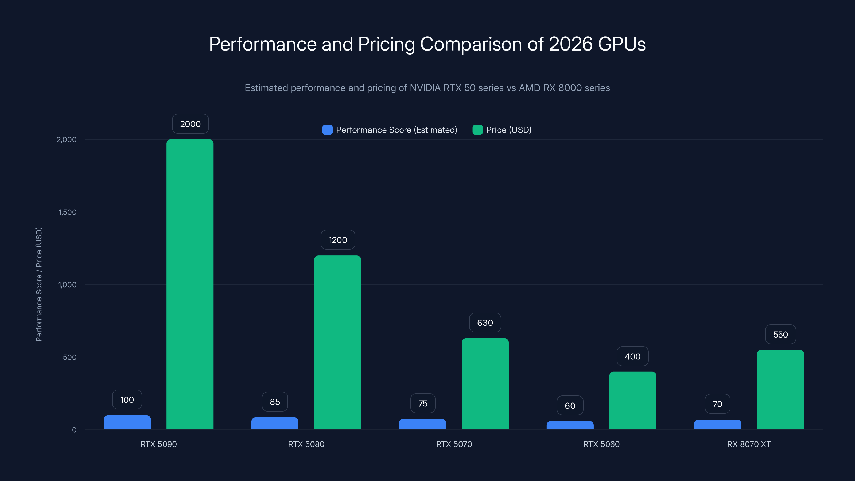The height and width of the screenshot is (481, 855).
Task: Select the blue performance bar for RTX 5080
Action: (x=275, y=424)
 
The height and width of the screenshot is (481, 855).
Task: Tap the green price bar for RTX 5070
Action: (x=485, y=384)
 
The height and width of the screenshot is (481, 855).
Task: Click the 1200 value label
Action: (x=337, y=240)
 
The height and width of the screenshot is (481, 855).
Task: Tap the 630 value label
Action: (x=485, y=323)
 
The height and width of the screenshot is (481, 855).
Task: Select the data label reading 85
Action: (x=275, y=402)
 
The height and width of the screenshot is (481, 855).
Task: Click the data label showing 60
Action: (x=570, y=406)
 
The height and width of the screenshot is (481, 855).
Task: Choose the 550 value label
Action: (x=780, y=335)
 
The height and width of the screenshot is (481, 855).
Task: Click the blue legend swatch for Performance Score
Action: (x=327, y=130)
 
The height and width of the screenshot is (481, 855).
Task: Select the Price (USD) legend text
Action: (x=508, y=130)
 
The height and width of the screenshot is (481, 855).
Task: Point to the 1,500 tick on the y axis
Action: (x=67, y=212)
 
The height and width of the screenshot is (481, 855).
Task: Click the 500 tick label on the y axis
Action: (x=70, y=357)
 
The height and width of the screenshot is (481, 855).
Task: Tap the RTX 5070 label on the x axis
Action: (x=454, y=444)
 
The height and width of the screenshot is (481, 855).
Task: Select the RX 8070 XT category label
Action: (x=749, y=444)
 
